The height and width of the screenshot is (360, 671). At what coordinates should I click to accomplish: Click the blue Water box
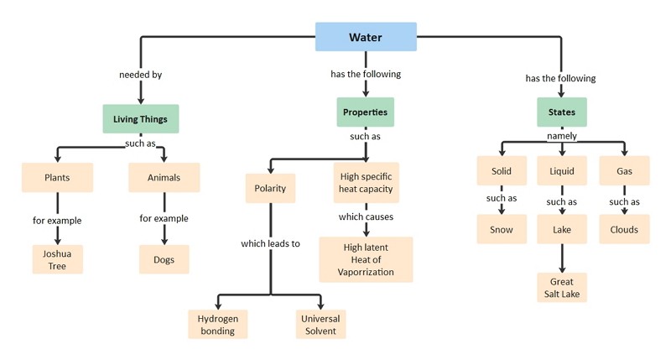pyautogui.click(x=366, y=37)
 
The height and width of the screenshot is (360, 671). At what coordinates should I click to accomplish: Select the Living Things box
pyautogui.click(x=140, y=118)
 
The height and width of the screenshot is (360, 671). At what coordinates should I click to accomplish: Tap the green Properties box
pyautogui.click(x=365, y=112)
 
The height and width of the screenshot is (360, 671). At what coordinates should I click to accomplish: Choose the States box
pyautogui.click(x=562, y=112)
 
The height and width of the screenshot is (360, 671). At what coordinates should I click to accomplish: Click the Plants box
pyautogui.click(x=57, y=177)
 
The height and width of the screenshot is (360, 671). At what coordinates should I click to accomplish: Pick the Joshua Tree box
pyautogui.click(x=57, y=259)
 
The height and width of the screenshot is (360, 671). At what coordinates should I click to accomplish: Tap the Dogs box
pyautogui.click(x=164, y=259)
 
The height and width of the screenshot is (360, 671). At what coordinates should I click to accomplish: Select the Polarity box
pyautogui.click(x=270, y=188)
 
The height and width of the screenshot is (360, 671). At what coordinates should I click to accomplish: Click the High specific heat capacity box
pyautogui.click(x=367, y=182)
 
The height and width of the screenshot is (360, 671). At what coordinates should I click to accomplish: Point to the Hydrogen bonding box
pyautogui.click(x=218, y=325)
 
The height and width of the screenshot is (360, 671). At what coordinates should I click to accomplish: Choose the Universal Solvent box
pyautogui.click(x=320, y=325)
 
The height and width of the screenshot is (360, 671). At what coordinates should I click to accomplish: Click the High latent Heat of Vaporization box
pyautogui.click(x=366, y=259)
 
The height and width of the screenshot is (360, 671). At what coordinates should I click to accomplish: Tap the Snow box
pyautogui.click(x=502, y=229)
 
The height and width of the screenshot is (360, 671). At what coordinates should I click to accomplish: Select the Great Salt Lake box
pyautogui.click(x=562, y=288)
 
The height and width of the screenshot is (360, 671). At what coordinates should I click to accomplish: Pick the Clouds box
pyautogui.click(x=624, y=229)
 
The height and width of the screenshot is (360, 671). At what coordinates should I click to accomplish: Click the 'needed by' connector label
pyautogui.click(x=140, y=75)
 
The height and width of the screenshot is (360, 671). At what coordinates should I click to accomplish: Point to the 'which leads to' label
pyautogui.click(x=270, y=243)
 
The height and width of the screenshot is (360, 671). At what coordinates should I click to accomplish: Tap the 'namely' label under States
pyautogui.click(x=562, y=136)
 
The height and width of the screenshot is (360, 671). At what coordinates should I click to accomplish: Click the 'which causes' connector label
pyautogui.click(x=366, y=217)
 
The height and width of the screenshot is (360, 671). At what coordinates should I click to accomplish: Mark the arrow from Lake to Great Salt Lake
pyautogui.click(x=562, y=258)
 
